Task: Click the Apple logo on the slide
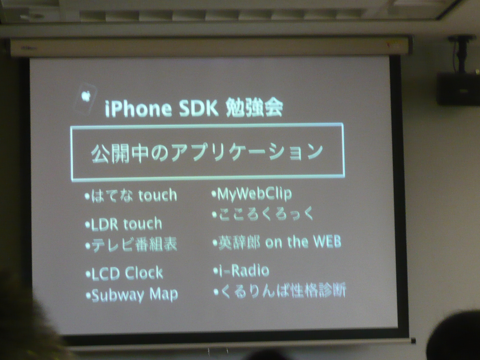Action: point(86,96)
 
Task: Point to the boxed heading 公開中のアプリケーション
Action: point(207,153)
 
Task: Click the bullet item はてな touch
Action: point(131,195)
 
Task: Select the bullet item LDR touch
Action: point(124,224)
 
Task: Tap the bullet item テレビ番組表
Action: point(131,245)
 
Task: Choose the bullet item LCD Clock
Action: point(124,273)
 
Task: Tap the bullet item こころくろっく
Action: point(262,214)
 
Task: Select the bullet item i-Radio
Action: point(241,271)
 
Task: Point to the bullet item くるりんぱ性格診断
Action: point(280,290)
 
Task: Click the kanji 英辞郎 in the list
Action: point(239,242)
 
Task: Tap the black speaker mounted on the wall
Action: point(458,88)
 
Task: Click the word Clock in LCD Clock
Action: point(144,273)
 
